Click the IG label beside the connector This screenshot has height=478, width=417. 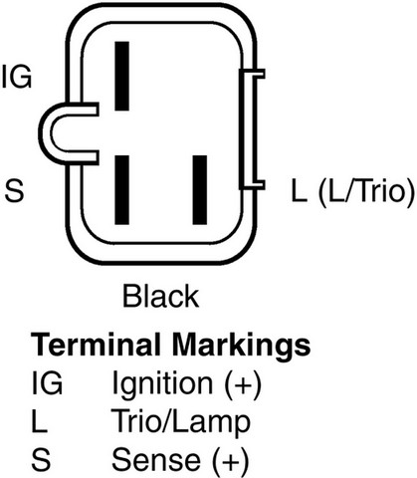point(17,77)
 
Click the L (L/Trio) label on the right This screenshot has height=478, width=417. point(352,191)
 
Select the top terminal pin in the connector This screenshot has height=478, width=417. point(121,76)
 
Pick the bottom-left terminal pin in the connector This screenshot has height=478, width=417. point(121,190)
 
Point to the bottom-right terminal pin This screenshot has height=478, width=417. point(200,190)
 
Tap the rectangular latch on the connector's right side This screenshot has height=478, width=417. point(251,129)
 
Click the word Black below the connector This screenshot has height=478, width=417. point(161,296)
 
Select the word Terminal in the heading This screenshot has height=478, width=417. point(96,345)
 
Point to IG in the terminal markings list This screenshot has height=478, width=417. point(47,383)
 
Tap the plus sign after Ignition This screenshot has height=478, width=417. point(244,384)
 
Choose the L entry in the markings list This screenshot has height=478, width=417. point(39,421)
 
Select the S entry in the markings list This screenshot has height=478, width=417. point(41,459)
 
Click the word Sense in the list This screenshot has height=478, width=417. point(156,459)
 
